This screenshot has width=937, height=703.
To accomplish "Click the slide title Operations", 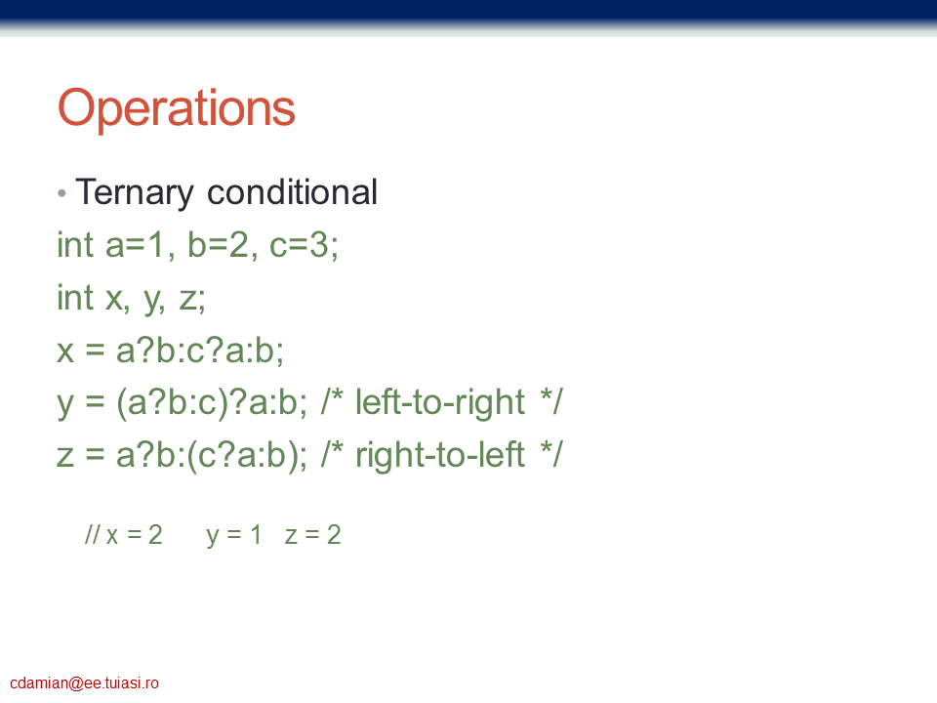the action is [177, 108].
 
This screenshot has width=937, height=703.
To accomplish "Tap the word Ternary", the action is [135, 193].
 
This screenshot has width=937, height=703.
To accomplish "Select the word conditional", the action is [292, 192].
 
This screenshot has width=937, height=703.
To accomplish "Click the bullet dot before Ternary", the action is [61, 193].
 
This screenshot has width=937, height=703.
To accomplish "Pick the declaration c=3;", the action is [304, 245].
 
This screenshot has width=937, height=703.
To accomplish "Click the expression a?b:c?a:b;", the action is [199, 351].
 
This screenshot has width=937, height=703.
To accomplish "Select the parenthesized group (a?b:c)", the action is [172, 403].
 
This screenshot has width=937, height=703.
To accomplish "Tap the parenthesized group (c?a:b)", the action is [242, 456].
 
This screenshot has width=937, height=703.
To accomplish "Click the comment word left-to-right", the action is [440, 401].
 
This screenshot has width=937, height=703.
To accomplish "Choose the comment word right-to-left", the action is [440, 454].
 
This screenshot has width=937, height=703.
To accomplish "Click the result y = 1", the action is [233, 535].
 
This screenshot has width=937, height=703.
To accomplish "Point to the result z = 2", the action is [312, 534].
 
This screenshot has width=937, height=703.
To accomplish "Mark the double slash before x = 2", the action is [92, 534].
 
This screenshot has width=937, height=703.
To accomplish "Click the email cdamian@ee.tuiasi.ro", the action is [84, 683].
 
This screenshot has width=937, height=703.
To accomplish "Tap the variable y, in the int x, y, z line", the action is [154, 300].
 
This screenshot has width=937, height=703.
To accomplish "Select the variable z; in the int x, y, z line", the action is [192, 299].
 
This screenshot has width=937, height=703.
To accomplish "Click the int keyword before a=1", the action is [75, 245].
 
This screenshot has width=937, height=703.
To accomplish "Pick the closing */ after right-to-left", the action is [550, 454].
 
